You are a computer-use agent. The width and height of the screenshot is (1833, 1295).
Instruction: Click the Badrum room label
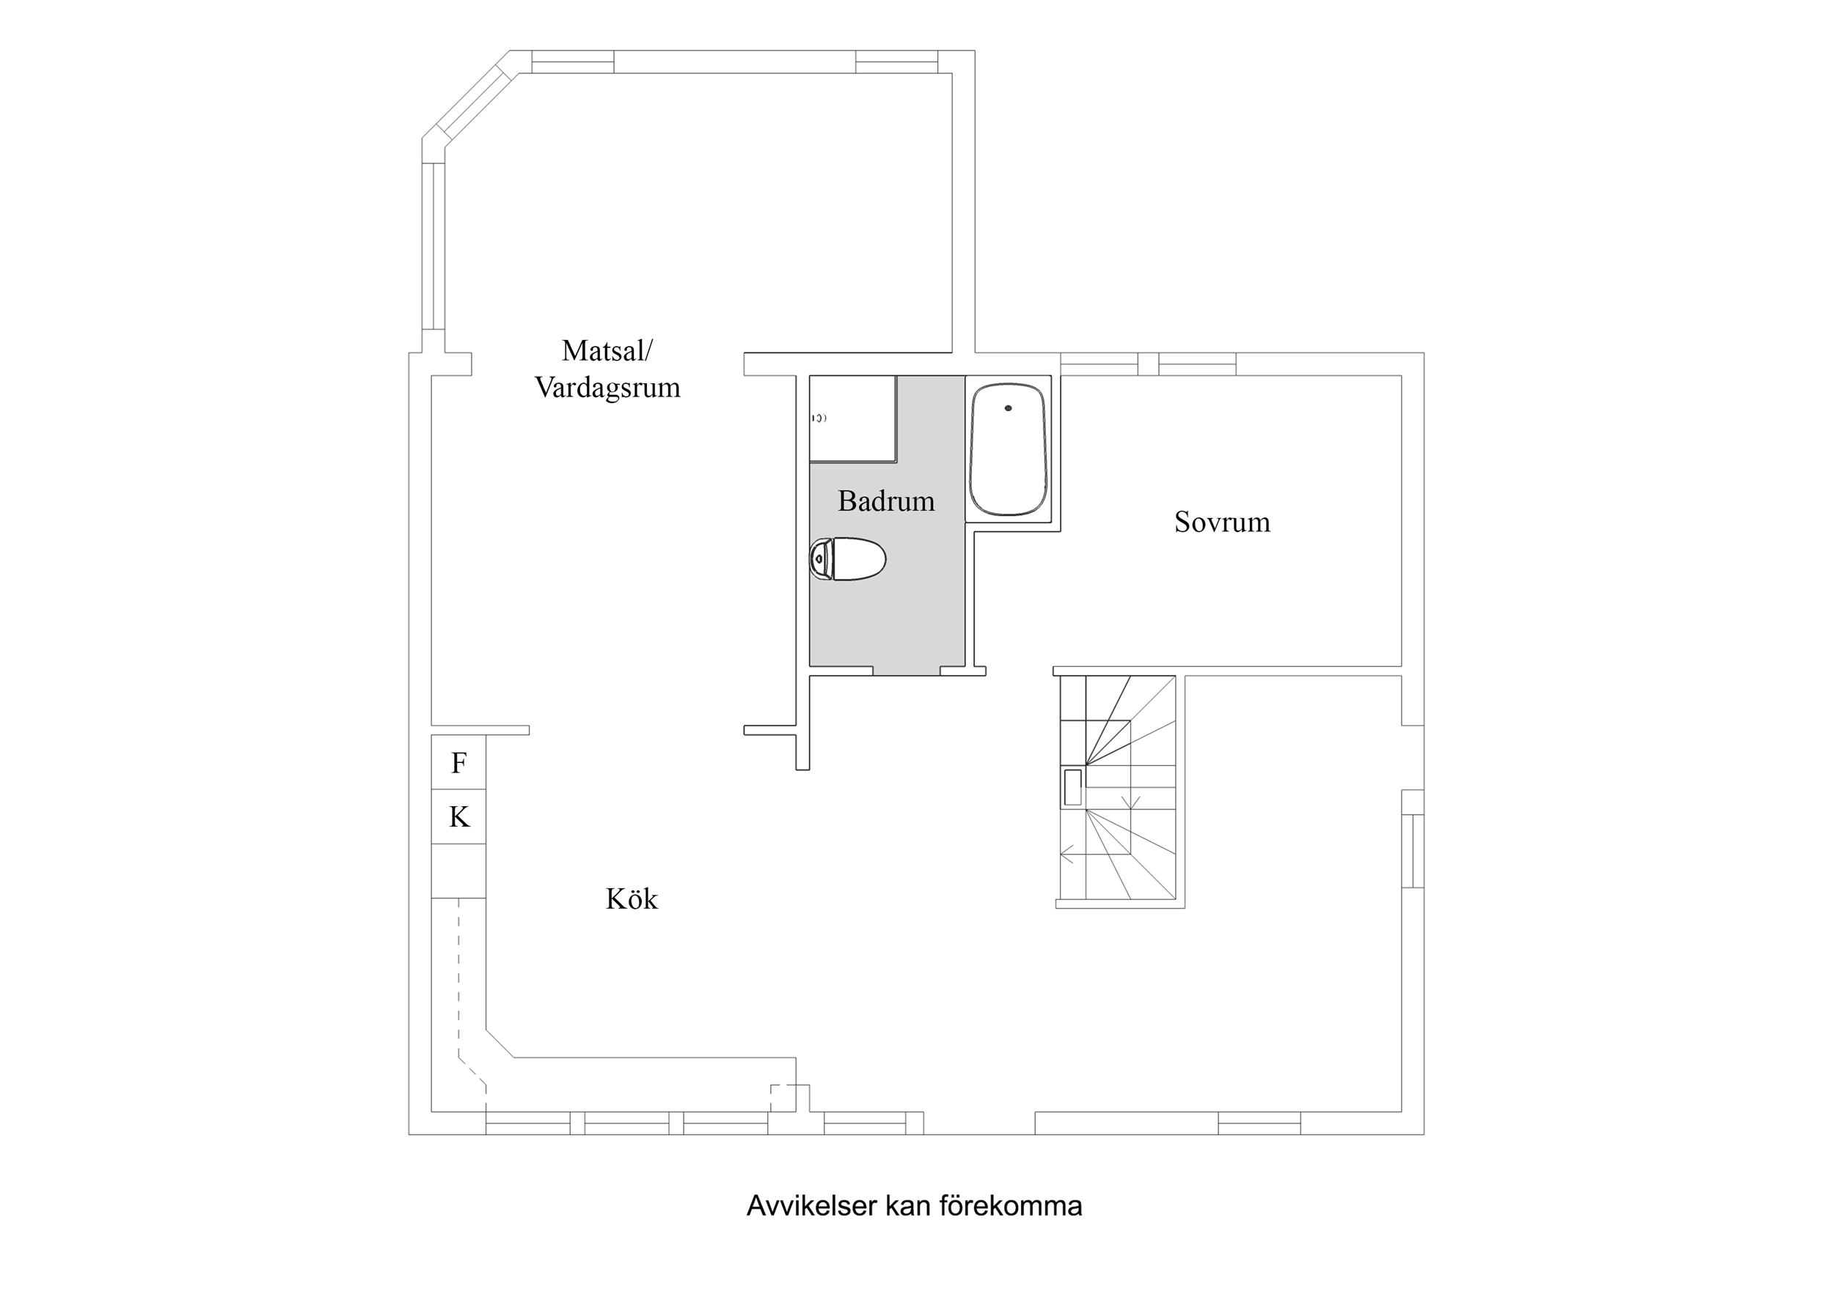[885, 501]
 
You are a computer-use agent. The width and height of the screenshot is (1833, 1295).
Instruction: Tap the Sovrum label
[1221, 522]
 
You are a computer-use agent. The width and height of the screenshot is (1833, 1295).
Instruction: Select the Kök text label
[631, 899]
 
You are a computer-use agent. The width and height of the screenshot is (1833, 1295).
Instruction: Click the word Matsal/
[607, 350]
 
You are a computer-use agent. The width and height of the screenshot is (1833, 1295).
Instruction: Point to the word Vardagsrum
[607, 388]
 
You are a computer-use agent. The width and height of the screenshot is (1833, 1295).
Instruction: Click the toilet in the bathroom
[849, 558]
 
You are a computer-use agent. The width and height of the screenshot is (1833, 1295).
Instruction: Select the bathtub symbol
[1008, 449]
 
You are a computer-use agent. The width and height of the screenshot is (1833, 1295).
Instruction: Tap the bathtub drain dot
[1009, 407]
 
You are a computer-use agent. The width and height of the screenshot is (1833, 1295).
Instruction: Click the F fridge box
[459, 763]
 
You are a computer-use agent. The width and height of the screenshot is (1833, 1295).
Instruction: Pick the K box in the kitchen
[459, 817]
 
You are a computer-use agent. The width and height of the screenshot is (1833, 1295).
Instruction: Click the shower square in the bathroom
[852, 418]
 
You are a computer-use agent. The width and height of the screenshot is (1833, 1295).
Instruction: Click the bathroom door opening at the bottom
[906, 671]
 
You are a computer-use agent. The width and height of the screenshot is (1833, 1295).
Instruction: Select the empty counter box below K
[459, 871]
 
